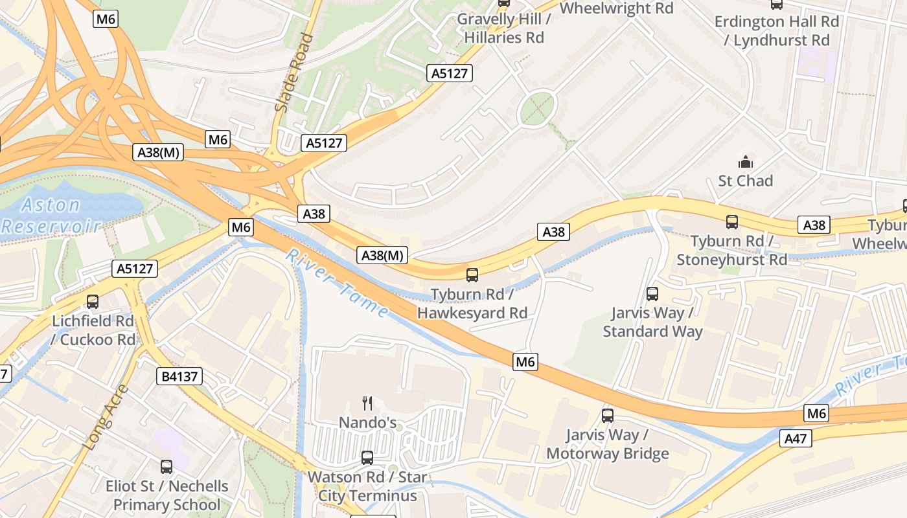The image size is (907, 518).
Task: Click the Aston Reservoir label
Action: pyautogui.click(x=52, y=216)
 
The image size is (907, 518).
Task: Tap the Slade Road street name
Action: pyautogui.click(x=294, y=73)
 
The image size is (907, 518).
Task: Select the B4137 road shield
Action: pyautogui.click(x=179, y=376)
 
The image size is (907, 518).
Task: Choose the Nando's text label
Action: pyautogui.click(x=368, y=423)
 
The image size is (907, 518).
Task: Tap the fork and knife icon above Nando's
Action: pyautogui.click(x=367, y=403)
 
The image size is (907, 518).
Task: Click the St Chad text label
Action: pyautogui.click(x=746, y=181)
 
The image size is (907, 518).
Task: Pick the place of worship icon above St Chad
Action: pyautogui.click(x=746, y=161)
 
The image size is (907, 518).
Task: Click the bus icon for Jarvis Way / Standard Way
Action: pyautogui.click(x=652, y=294)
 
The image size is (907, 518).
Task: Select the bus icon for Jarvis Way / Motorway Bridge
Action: pyautogui.click(x=608, y=416)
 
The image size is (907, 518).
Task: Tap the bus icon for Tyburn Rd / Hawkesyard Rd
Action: pyautogui.click(x=472, y=275)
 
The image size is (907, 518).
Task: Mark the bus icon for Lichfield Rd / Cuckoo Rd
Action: pyautogui.click(x=93, y=301)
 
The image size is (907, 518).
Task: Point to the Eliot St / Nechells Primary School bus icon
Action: pyautogui.click(x=166, y=466)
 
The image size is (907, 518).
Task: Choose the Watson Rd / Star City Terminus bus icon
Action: pyautogui.click(x=367, y=458)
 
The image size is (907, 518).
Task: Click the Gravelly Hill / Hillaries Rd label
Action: pyautogui.click(x=504, y=28)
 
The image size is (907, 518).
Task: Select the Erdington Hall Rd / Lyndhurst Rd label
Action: pyautogui.click(x=777, y=30)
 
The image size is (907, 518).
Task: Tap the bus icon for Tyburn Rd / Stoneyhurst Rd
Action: pyautogui.click(x=732, y=222)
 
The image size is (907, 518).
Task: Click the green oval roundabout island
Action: pyautogui.click(x=537, y=108)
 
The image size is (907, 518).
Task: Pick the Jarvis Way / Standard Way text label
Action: pyautogui.click(x=652, y=322)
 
